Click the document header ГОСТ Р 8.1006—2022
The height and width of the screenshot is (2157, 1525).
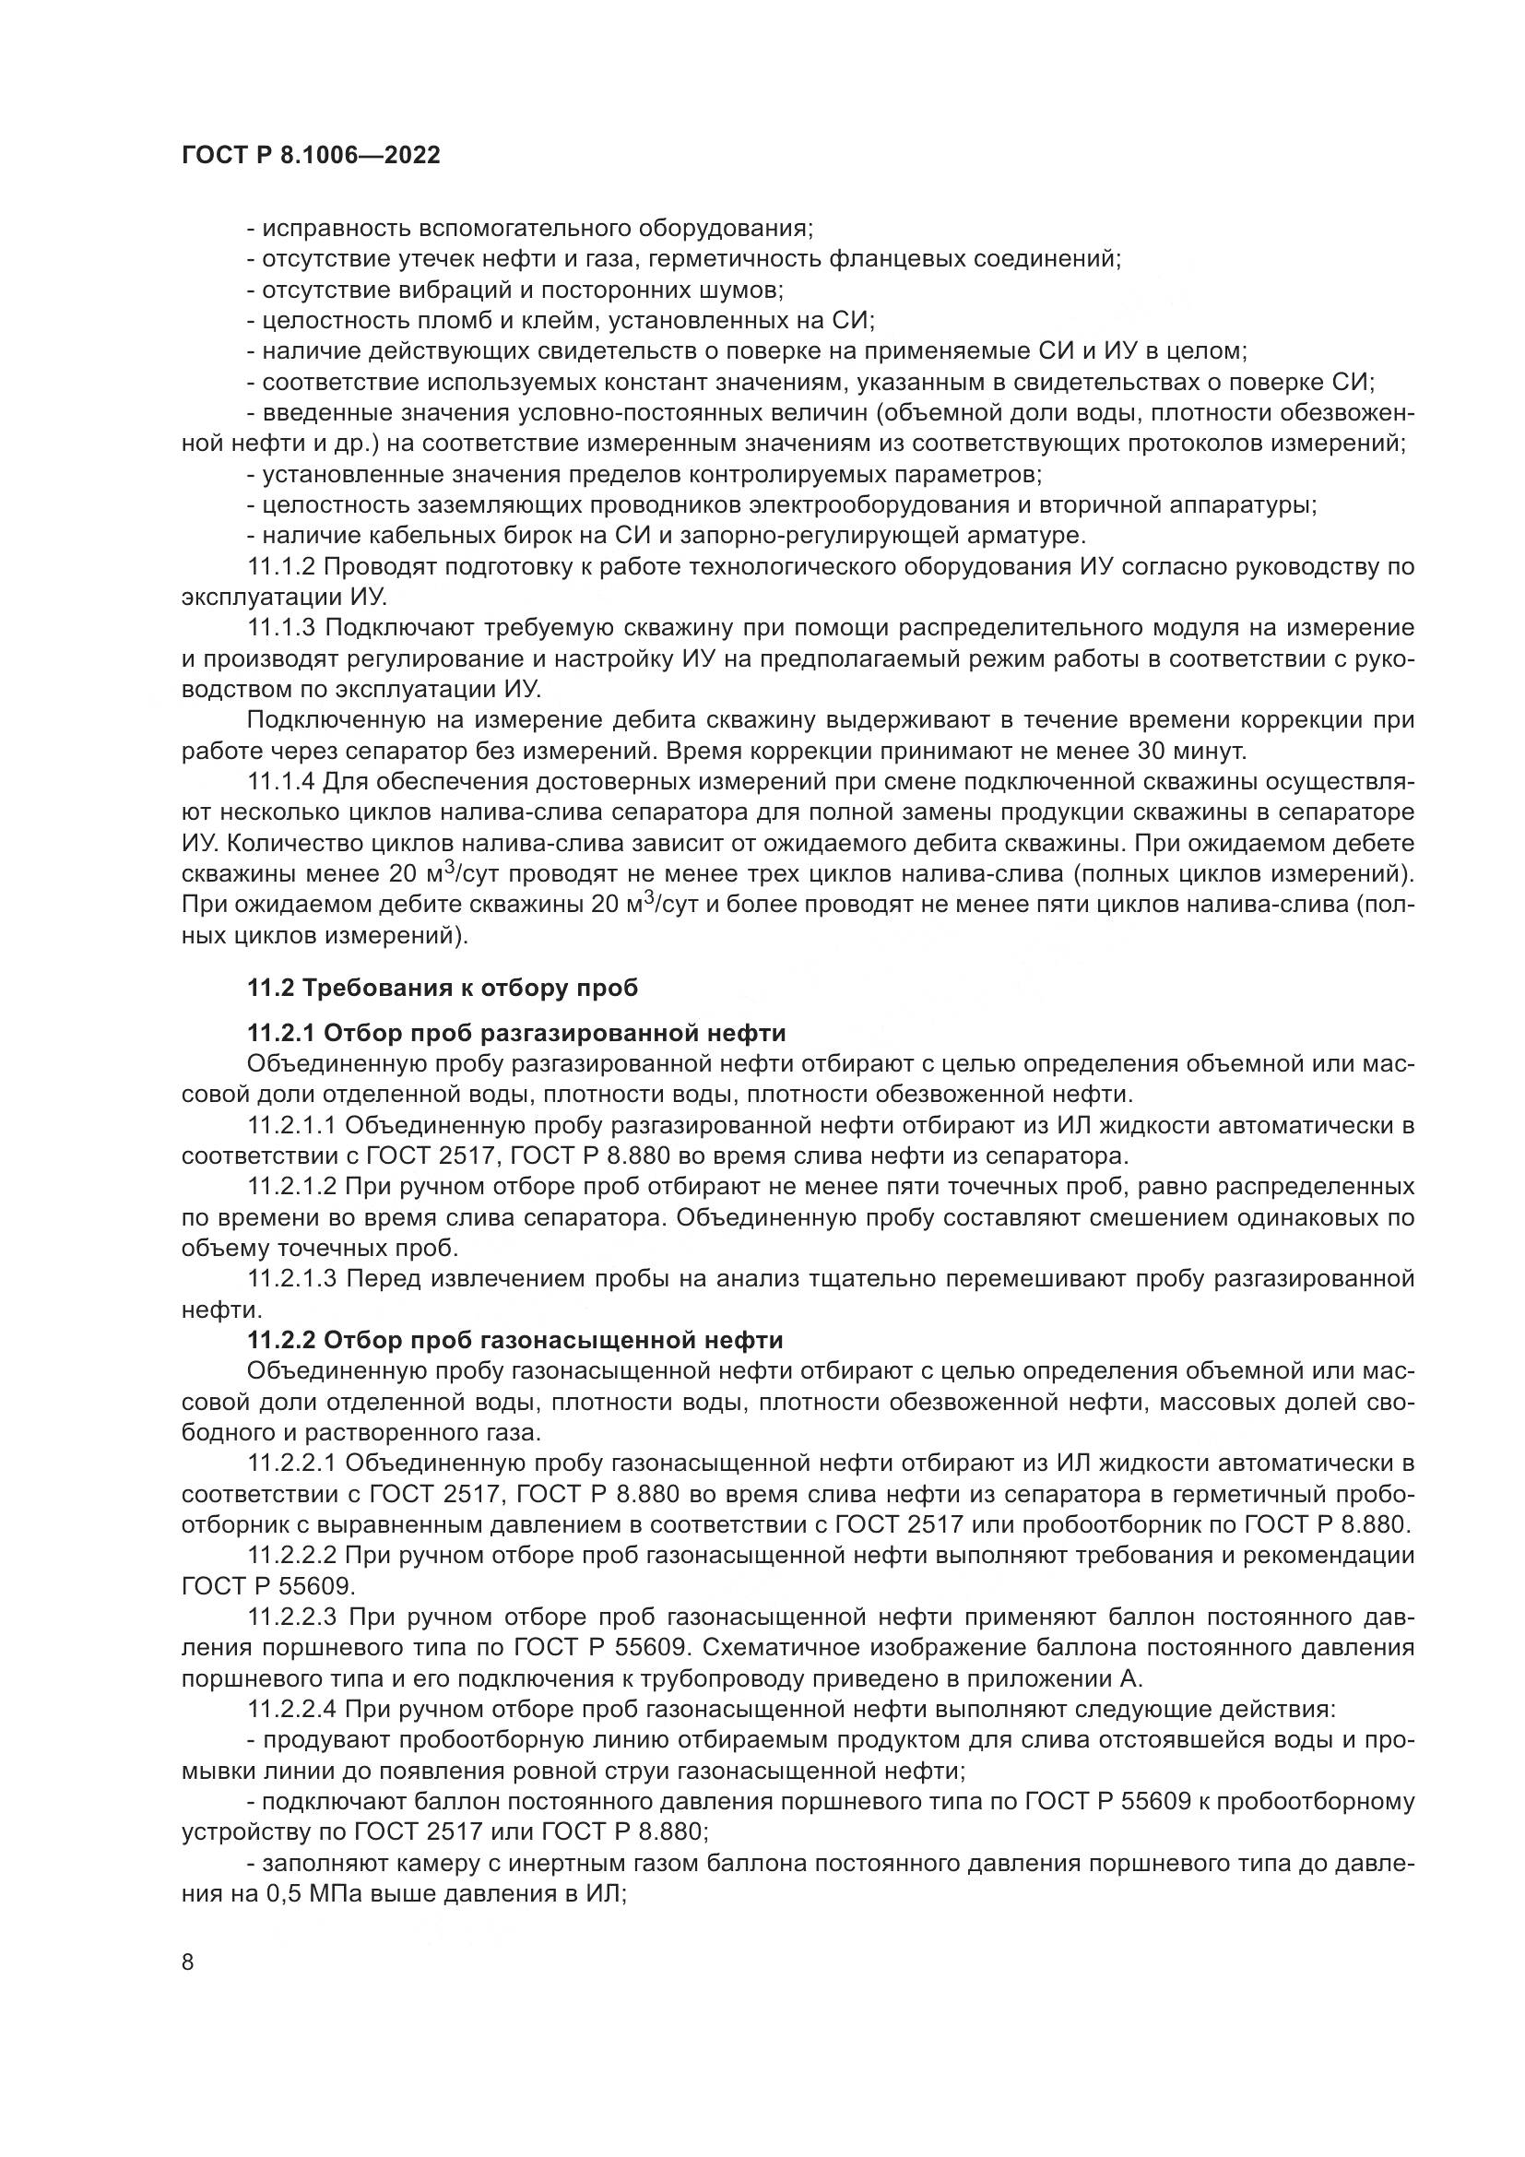[x=311, y=156]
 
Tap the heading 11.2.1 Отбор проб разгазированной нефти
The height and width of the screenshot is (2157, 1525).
[x=516, y=1034]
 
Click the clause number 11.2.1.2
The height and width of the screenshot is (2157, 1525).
[x=292, y=1188]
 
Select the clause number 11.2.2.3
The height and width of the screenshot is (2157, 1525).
[x=292, y=1618]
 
